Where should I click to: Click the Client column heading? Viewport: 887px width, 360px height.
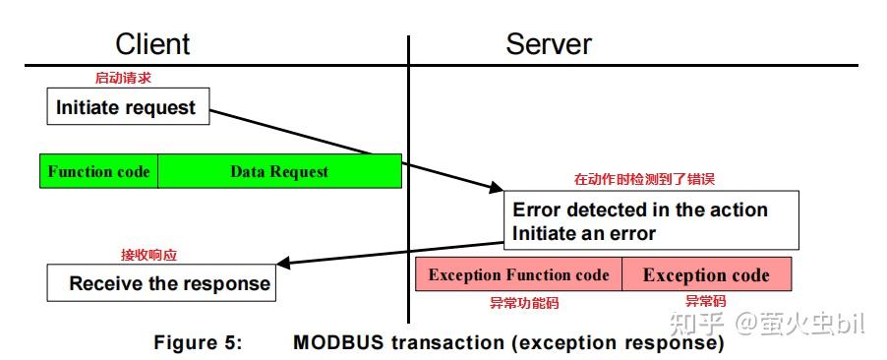pyautogui.click(x=152, y=44)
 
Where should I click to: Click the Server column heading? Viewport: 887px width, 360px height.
pyautogui.click(x=549, y=44)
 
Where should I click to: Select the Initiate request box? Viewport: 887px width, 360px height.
pyautogui.click(x=127, y=107)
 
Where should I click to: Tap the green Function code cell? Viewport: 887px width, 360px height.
pyautogui.click(x=98, y=171)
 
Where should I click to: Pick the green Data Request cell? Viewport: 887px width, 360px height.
pyautogui.click(x=279, y=171)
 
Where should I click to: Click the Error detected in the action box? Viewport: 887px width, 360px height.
pyautogui.click(x=640, y=210)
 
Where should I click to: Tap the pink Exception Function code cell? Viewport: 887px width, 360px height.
pyautogui.click(x=518, y=274)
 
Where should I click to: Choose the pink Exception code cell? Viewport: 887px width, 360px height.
pyautogui.click(x=705, y=274)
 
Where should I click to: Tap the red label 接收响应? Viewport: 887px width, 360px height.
pyautogui.click(x=148, y=255)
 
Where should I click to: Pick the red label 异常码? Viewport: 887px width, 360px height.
pyautogui.click(x=705, y=302)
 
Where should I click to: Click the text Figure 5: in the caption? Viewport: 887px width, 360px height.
pyautogui.click(x=197, y=343)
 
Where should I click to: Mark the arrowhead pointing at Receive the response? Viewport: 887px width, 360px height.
pyautogui.click(x=285, y=265)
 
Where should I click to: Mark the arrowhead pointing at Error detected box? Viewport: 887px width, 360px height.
pyautogui.click(x=492, y=188)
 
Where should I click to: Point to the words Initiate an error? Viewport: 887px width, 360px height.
pyautogui.click(x=584, y=233)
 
